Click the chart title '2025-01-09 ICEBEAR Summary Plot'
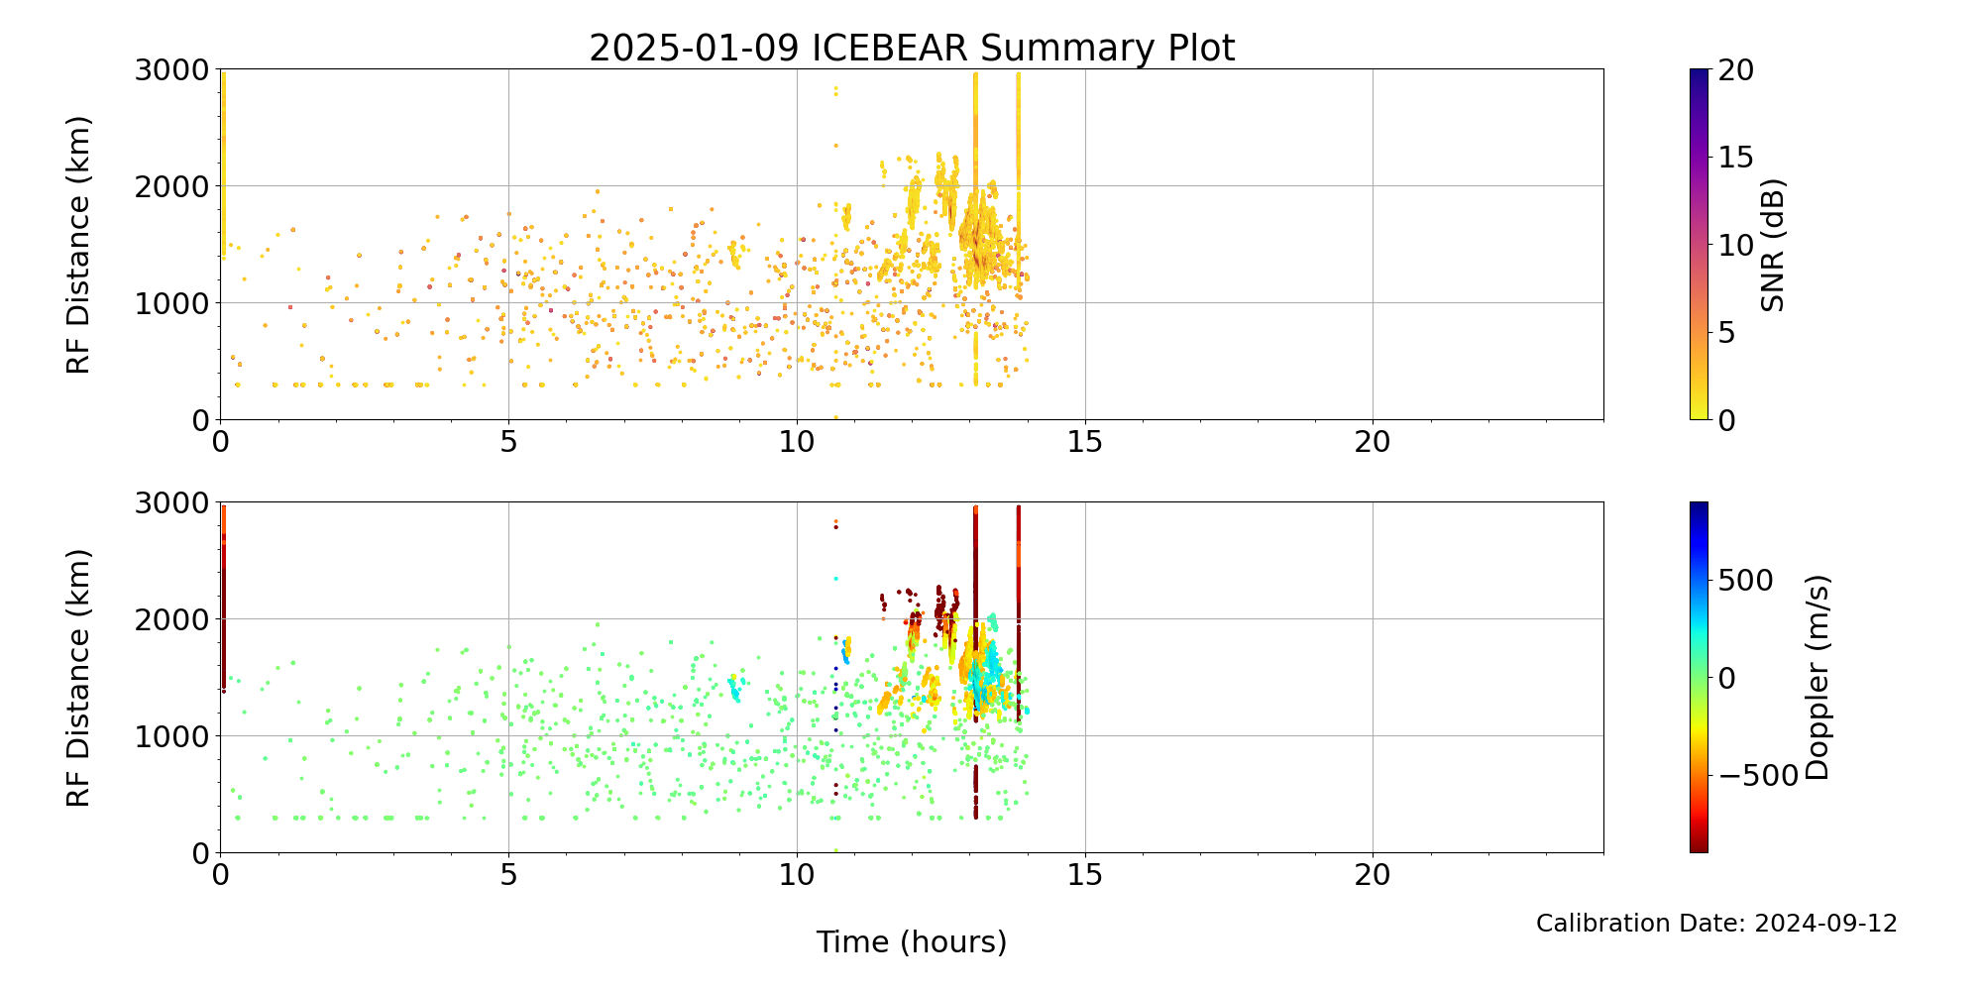(912, 48)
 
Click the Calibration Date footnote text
(1716, 924)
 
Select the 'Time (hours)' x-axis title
(912, 941)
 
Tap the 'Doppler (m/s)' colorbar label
(1817, 678)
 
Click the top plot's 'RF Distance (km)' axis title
(78, 245)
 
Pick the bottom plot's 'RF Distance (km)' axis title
(78, 678)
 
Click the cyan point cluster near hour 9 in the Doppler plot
(735, 688)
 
